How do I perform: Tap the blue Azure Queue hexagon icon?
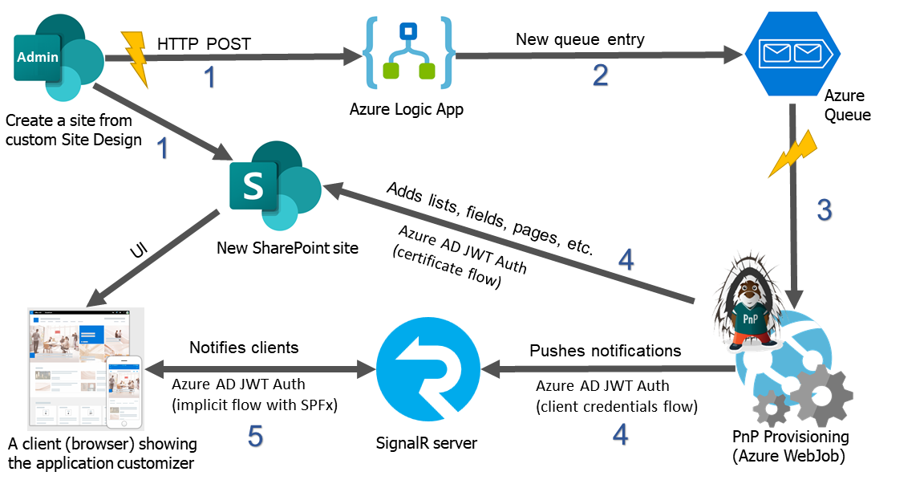(x=792, y=54)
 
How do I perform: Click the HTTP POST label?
(x=204, y=43)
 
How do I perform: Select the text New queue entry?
(x=580, y=39)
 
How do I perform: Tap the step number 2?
(x=600, y=75)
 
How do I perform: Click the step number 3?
(x=824, y=209)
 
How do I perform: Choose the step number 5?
(x=255, y=436)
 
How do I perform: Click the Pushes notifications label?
(x=605, y=351)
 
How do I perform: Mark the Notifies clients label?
(x=244, y=348)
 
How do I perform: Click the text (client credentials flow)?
(x=616, y=406)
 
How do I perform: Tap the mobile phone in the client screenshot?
(x=124, y=392)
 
